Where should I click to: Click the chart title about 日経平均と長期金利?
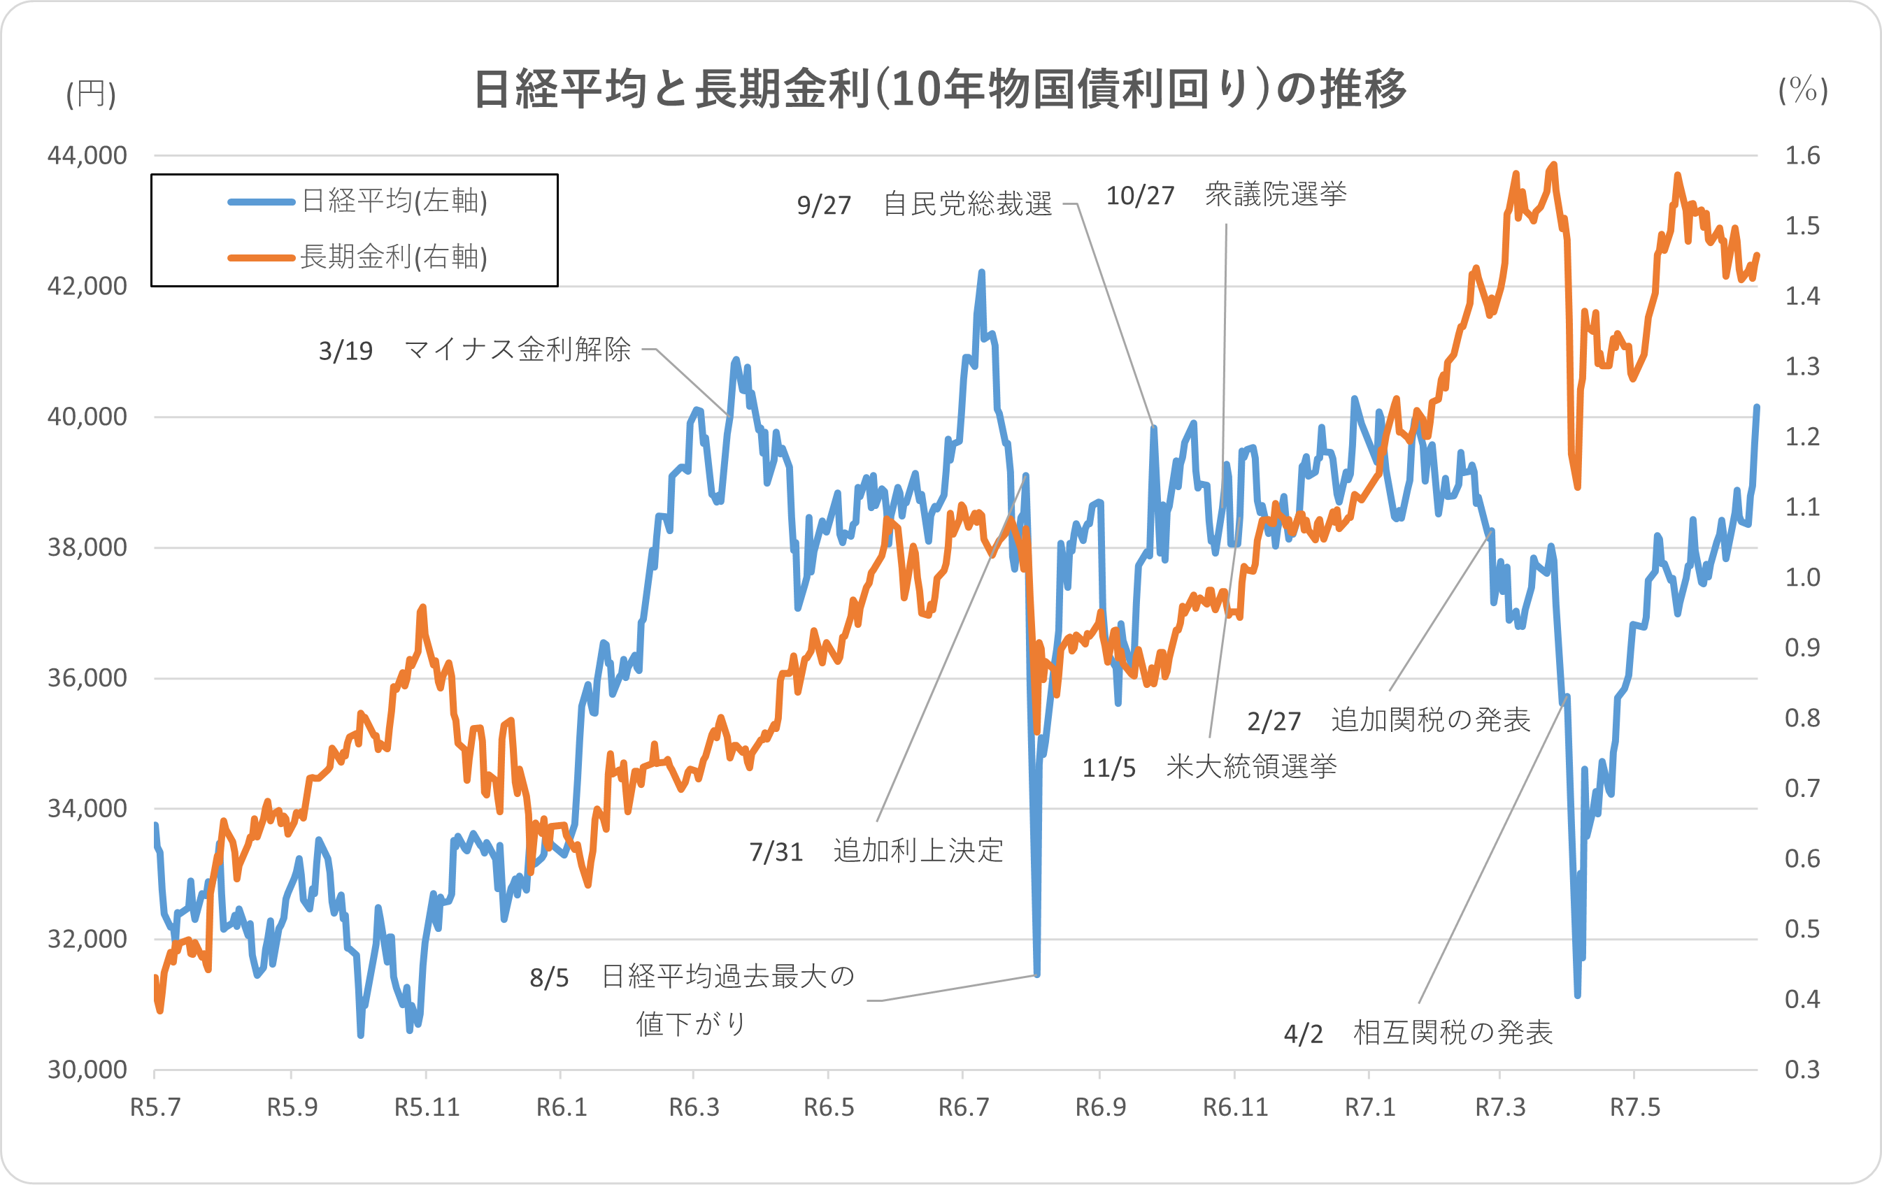pos(939,89)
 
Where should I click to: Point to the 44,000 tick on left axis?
pos(87,155)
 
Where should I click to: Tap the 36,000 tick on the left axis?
pos(87,678)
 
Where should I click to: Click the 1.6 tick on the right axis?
pos(1802,155)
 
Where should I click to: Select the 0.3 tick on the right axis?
pos(1802,1070)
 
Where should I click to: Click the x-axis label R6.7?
pos(963,1107)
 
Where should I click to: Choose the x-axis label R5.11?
pos(426,1107)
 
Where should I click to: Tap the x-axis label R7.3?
pos(1500,1107)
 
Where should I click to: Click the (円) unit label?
pos(91,94)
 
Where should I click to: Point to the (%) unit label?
pos(1802,91)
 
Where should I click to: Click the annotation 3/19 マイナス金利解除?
pos(474,350)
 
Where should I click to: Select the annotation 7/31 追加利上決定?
pos(876,851)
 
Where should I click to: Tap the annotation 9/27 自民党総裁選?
pos(924,205)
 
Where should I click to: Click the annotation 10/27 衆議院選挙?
pos(1225,194)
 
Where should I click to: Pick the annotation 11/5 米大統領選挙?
pos(1209,767)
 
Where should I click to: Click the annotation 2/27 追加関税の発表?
pos(1388,719)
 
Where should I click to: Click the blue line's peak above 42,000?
pos(982,273)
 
